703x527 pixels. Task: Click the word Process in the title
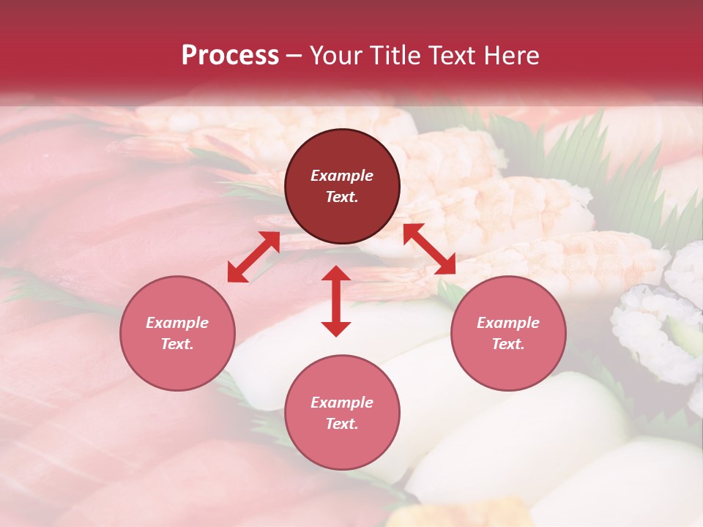230,56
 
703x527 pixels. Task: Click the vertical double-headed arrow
336,301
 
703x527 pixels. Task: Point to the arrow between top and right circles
429,249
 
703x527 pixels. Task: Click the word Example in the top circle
342,176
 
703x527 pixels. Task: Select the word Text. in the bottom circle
342,424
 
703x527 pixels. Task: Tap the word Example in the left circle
177,323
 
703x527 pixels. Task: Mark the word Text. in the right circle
508,344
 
